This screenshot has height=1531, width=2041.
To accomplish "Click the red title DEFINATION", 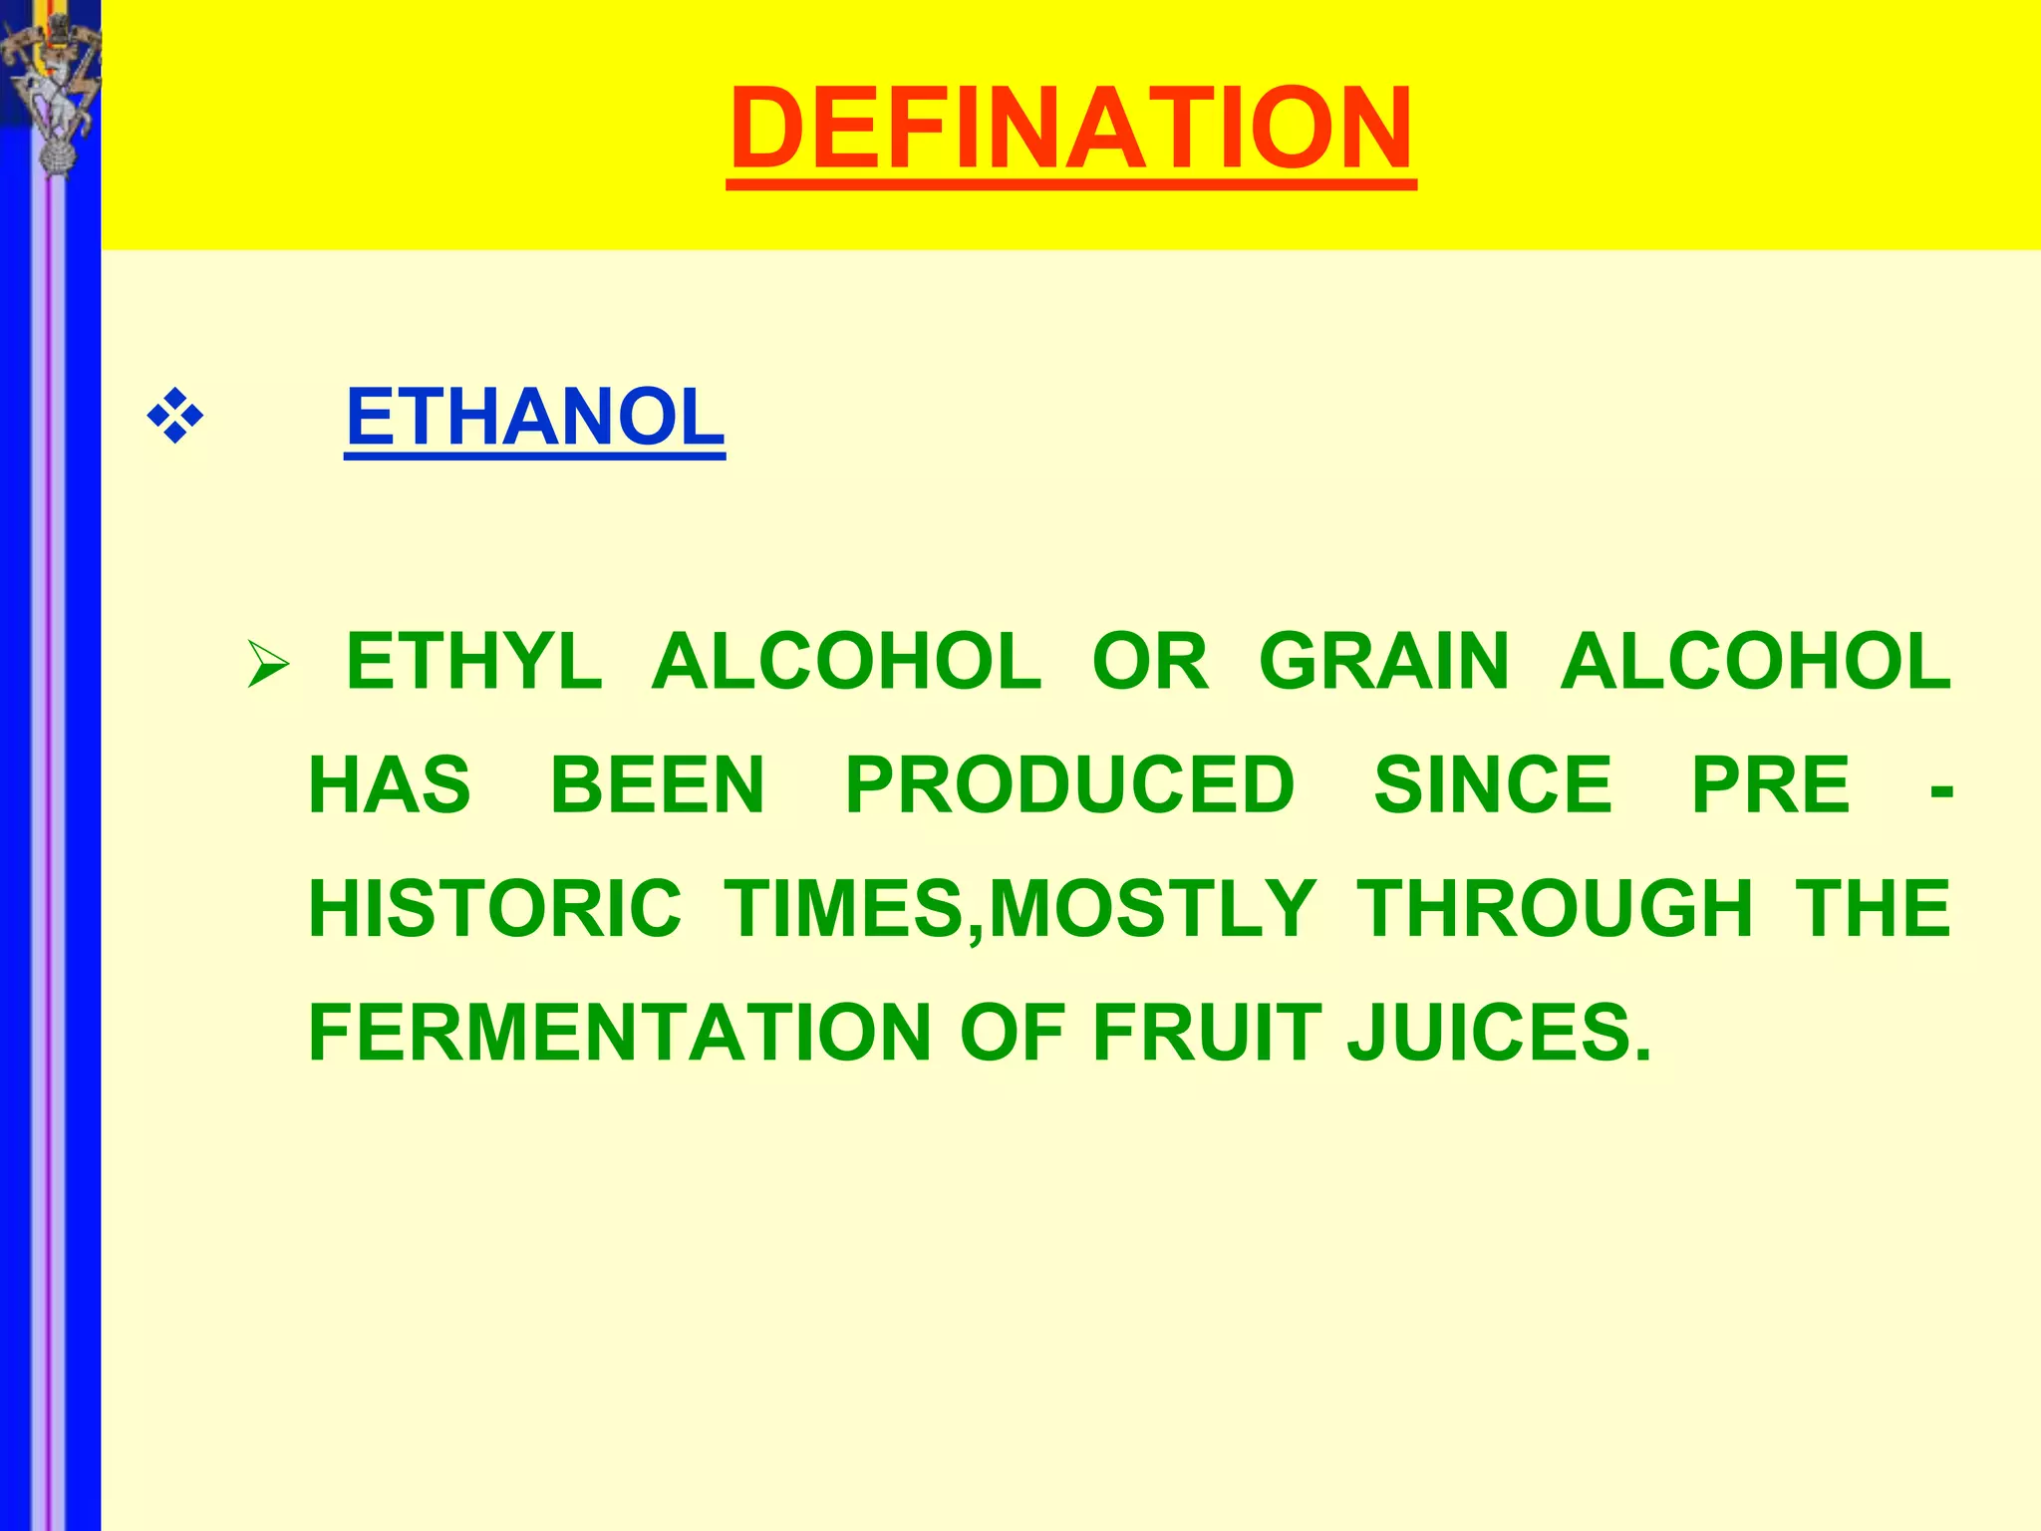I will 1070,130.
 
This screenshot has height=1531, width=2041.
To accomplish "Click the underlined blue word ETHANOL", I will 534,418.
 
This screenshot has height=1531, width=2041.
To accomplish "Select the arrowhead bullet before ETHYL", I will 267,664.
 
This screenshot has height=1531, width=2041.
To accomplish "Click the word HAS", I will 390,784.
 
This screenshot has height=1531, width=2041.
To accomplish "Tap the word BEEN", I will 657,784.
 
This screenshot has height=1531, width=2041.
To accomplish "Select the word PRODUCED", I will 1069,784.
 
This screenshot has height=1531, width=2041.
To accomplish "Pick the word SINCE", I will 1492,784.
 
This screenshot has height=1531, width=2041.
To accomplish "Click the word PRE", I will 1771,784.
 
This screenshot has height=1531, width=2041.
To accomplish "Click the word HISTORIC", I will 495,908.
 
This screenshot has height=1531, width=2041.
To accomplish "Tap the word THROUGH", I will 1555,908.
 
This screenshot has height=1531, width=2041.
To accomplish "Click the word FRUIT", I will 1207,1033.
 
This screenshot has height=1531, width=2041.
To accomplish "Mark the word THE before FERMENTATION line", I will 1873,908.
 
